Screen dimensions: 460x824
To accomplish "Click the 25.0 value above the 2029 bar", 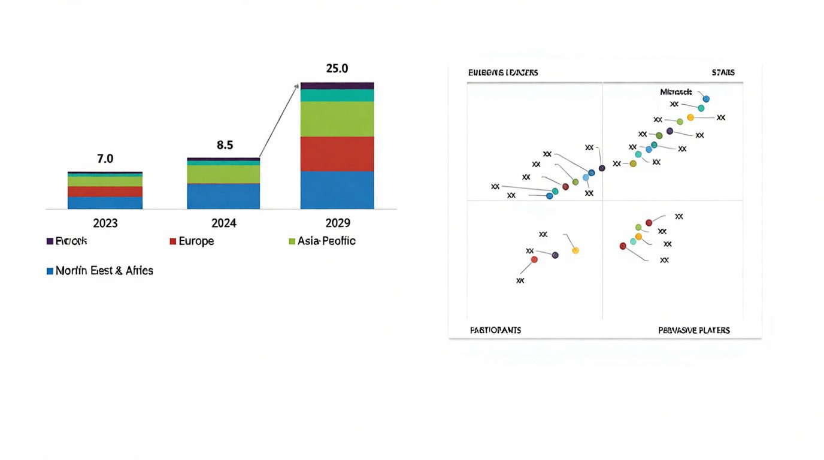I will click(x=337, y=68).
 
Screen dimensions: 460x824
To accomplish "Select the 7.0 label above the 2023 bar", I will click(x=105, y=159).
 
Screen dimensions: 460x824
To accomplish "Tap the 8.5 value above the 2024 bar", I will click(x=224, y=145).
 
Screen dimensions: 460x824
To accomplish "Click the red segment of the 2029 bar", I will click(x=337, y=154).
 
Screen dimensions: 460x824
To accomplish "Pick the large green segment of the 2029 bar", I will click(x=337, y=119).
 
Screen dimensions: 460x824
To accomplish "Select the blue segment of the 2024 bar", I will click(x=223, y=196).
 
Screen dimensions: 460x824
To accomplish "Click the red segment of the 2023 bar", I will click(x=105, y=192).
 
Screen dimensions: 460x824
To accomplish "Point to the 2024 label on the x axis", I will click(x=224, y=223).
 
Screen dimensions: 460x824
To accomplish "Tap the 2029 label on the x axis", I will click(x=337, y=223).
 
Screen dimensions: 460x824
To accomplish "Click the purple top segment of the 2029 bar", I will click(x=337, y=86).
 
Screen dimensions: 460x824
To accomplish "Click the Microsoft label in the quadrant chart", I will click(x=675, y=92).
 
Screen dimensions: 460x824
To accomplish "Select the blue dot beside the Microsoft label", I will click(x=706, y=99).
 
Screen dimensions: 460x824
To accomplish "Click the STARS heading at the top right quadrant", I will click(x=723, y=72).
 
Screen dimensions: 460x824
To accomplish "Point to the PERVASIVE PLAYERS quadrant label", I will click(x=694, y=331).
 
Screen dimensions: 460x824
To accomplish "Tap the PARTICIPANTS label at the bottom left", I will click(x=495, y=331).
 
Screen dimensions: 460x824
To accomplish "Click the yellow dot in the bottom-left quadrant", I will click(x=575, y=250).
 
